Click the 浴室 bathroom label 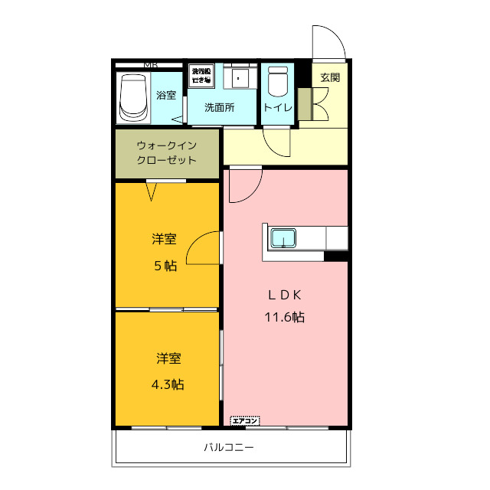click(166, 96)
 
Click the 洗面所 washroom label click(219, 108)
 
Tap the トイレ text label click(277, 108)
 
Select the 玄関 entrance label click(330, 77)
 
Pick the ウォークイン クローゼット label click(167, 152)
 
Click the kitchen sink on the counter click(285, 238)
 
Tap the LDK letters click(286, 295)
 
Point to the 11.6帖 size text click(286, 317)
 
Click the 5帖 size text click(166, 266)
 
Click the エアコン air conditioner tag click(246, 420)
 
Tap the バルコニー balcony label click(228, 447)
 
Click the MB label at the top click(151, 64)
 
